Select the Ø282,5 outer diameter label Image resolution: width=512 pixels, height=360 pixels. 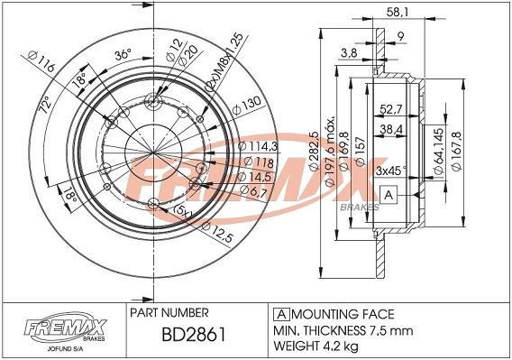click(314, 159)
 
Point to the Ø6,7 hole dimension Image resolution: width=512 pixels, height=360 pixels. click(253, 191)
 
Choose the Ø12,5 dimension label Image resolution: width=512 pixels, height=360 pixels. click(236, 236)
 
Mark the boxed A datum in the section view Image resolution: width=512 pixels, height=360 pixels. click(389, 195)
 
